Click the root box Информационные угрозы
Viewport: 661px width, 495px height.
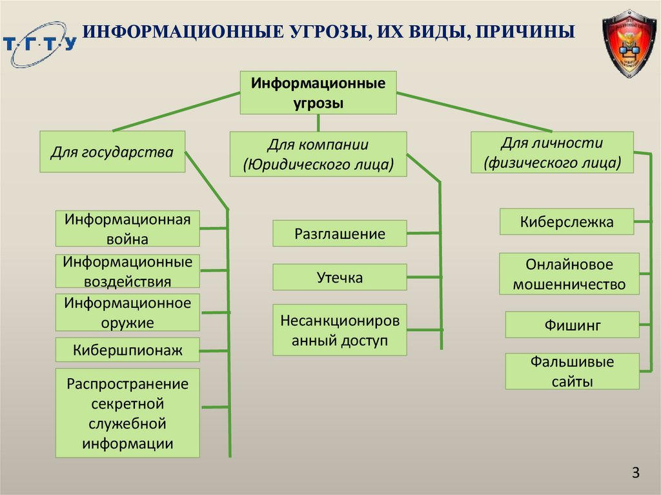coord(318,93)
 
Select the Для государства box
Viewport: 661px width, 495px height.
coord(112,152)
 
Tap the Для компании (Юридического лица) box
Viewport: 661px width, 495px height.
coord(318,154)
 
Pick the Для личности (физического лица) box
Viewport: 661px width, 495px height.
coord(552,152)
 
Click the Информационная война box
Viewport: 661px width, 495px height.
coord(127,228)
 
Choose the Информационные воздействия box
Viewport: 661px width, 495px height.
coord(127,271)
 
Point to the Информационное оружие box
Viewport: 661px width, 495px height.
coord(127,312)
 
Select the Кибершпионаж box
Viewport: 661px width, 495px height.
coord(127,350)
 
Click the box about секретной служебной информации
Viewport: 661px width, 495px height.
coord(127,413)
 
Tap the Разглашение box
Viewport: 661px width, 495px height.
coord(340,234)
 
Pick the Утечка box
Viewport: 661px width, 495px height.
coord(340,278)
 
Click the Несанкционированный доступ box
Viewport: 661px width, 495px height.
coord(340,330)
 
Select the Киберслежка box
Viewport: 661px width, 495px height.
coord(567,222)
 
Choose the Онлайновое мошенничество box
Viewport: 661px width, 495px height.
coord(569,274)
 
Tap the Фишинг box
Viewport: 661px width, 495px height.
coord(572,325)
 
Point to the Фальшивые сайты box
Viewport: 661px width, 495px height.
coord(572,371)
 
